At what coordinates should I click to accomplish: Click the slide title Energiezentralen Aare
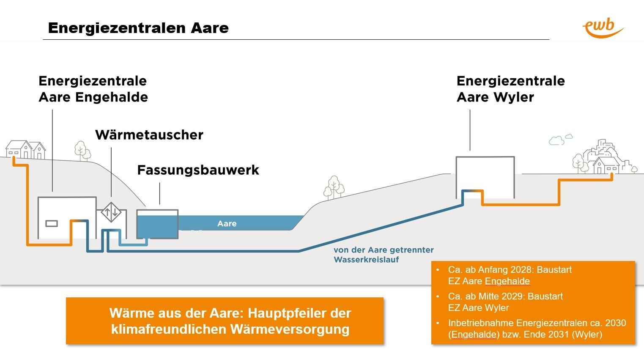tap(138, 28)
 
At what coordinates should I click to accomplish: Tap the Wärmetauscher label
tap(149, 135)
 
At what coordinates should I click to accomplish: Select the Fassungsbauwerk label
tap(198, 170)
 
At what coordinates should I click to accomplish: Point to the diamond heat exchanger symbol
tap(111, 212)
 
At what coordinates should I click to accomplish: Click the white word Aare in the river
tap(227, 223)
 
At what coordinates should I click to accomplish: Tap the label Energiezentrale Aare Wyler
tap(510, 89)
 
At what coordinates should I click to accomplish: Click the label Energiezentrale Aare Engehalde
tap(93, 89)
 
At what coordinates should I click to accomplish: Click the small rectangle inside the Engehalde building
tap(52, 223)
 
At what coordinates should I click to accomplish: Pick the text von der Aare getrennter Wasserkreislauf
tap(383, 255)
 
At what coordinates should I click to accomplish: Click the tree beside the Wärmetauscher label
tap(82, 150)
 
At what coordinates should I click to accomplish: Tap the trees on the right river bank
tap(334, 187)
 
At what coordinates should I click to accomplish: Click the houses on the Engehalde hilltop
tap(25, 149)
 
